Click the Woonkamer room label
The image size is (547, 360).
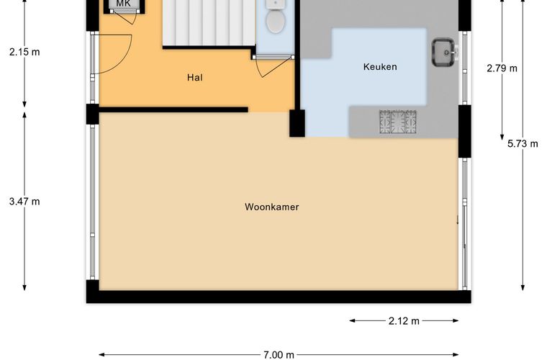[272, 207]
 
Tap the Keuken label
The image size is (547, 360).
[380, 67]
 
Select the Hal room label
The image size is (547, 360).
[194, 77]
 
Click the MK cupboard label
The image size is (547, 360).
[123, 4]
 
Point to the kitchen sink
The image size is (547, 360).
[443, 53]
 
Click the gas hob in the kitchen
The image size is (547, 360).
[398, 122]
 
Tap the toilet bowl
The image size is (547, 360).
[276, 21]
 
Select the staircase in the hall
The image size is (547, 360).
[209, 22]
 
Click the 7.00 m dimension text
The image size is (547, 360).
[279, 355]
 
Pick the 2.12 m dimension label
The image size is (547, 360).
[404, 320]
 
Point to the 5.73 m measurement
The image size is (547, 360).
[523, 144]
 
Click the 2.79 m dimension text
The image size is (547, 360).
[502, 68]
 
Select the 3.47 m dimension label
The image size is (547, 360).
[24, 202]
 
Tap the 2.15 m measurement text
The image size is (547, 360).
[24, 52]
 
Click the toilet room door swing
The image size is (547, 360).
[273, 67]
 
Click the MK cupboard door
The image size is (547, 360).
[125, 17]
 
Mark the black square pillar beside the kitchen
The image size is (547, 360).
[297, 123]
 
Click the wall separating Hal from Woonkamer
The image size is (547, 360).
[173, 110]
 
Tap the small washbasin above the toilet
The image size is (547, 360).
[276, 4]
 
